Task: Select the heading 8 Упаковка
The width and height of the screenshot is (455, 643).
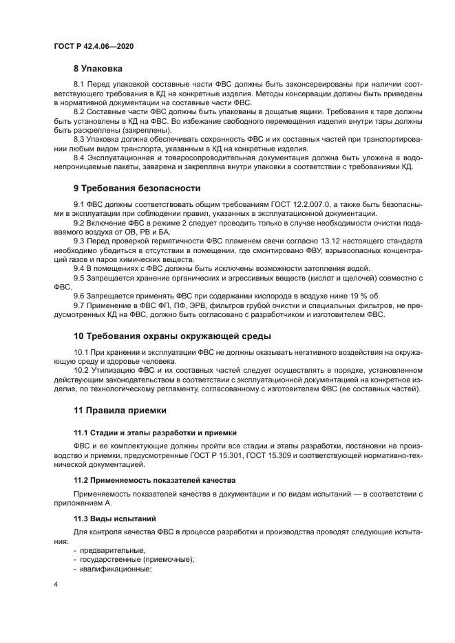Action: (x=98, y=69)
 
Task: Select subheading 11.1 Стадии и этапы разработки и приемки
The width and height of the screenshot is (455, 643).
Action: (x=155, y=433)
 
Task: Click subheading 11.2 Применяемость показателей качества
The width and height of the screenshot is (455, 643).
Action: (x=154, y=479)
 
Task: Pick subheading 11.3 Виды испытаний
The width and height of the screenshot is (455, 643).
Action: (x=115, y=518)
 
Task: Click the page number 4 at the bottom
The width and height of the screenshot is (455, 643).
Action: (x=56, y=585)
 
